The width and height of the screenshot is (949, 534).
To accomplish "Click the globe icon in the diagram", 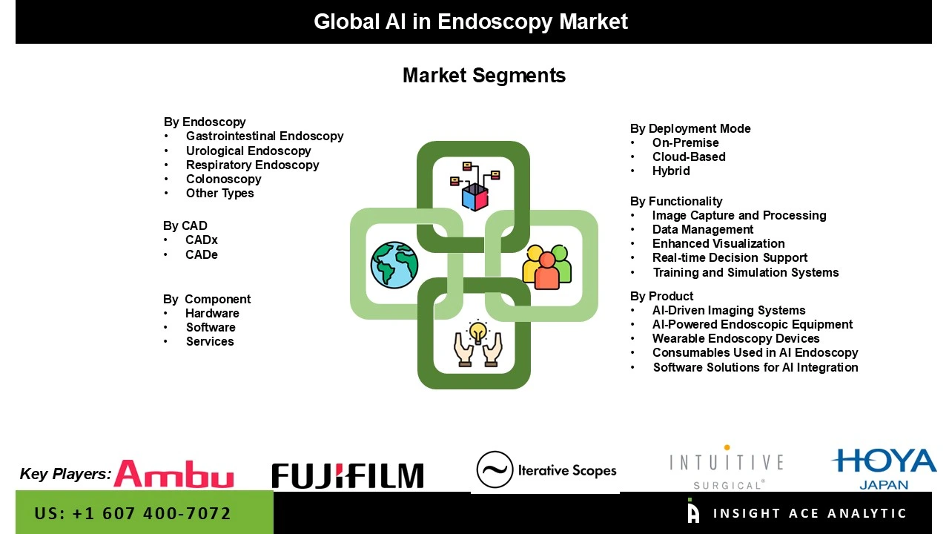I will [x=394, y=266].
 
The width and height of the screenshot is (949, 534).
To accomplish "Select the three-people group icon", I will [x=547, y=266].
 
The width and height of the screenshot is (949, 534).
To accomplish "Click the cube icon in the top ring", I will [x=475, y=197].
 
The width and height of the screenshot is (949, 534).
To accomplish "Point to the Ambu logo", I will [x=173, y=475].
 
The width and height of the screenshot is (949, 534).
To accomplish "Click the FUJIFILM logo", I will [x=348, y=476].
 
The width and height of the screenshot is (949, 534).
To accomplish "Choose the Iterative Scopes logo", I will [x=546, y=470].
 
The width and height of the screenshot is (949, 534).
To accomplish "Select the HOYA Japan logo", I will [x=884, y=468].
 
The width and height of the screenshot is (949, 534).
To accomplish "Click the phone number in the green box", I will [x=133, y=513].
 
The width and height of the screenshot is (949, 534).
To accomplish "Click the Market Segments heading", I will [x=484, y=76].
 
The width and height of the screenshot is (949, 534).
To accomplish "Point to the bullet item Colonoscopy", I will [x=223, y=179].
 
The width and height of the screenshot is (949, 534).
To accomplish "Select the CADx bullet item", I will [x=202, y=240].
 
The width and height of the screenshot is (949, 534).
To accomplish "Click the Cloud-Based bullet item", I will [x=689, y=156].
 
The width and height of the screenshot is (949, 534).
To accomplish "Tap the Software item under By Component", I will [x=211, y=327].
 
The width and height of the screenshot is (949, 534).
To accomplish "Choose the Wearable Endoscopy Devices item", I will [x=735, y=338].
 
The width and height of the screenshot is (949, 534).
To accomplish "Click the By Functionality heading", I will [x=676, y=201].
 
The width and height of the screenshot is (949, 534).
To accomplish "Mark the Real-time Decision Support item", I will [x=730, y=257].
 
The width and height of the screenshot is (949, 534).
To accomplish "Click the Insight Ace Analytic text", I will [x=810, y=513].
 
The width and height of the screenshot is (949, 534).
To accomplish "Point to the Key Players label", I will [x=65, y=474].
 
